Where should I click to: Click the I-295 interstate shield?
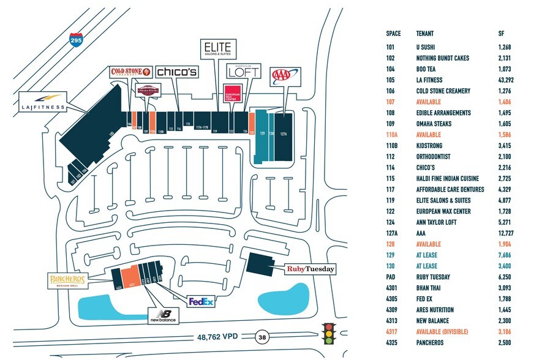[x=75, y=41]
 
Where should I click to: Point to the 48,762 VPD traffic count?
[x=218, y=336]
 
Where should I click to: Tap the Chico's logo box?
[x=177, y=71]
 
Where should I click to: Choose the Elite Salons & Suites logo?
[x=217, y=49]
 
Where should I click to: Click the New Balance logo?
[x=164, y=316]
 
